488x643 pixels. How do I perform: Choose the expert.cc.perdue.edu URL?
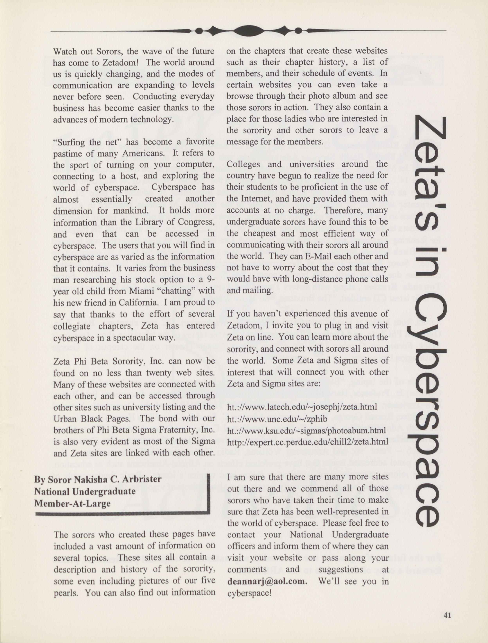[x=307, y=442]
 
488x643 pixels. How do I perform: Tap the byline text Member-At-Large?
[x=72, y=503]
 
